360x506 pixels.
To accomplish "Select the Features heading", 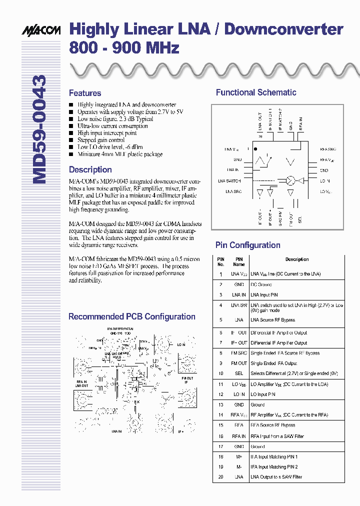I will click(85, 93).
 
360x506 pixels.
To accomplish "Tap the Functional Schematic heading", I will click(256, 92).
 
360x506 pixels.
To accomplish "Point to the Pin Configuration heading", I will click(247, 245).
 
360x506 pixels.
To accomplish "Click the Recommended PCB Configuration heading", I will click(131, 316).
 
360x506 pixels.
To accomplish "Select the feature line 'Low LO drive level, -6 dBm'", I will click(110, 147).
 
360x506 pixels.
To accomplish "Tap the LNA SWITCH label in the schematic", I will click(229, 181).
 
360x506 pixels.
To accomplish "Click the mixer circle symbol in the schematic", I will click(291, 180).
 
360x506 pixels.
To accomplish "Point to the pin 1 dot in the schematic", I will click(254, 149).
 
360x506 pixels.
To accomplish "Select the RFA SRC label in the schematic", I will click(328, 149).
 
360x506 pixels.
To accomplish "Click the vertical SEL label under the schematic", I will click(300, 220).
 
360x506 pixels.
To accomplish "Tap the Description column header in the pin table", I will click(297, 259).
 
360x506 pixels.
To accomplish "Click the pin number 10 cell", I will click(220, 373).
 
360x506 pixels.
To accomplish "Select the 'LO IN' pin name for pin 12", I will click(239, 394).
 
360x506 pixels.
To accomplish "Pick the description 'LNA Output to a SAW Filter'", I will click(276, 477).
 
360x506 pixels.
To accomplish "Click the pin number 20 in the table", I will click(220, 477).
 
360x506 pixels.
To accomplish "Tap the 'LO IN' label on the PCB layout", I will click(180, 345).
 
